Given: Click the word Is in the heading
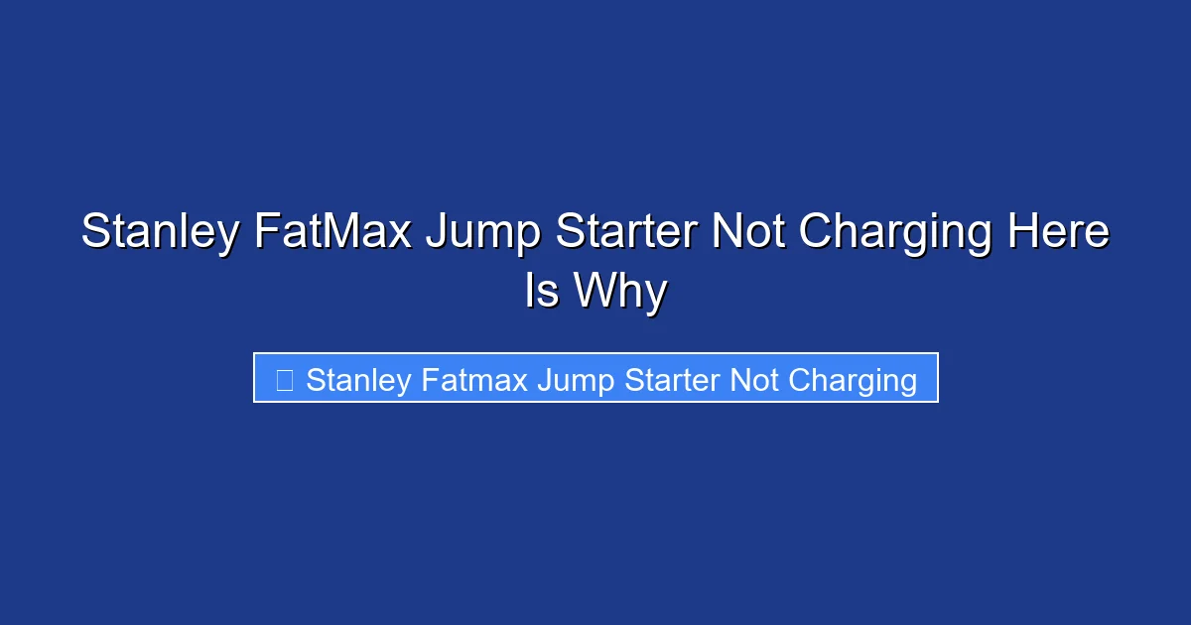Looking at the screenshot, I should (x=541, y=292).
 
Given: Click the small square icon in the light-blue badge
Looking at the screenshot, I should (x=284, y=379).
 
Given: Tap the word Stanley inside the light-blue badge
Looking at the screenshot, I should (x=358, y=380).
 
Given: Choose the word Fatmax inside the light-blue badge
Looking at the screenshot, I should (x=473, y=379).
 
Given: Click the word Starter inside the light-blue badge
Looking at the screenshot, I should (x=671, y=379).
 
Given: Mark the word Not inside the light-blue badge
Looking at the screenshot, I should (x=754, y=379).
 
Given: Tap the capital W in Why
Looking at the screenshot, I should (x=593, y=292).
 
